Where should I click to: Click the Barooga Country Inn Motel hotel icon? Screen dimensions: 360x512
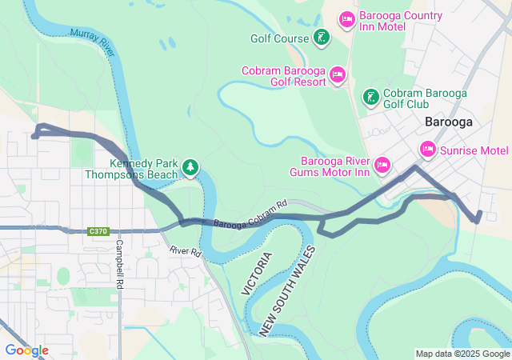[346, 18]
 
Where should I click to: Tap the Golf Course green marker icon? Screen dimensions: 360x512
[320, 37]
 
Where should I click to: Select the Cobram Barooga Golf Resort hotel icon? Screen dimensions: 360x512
[338, 75]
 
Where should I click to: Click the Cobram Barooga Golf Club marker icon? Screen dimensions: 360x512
[370, 97]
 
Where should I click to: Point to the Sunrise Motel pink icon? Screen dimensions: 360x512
[427, 150]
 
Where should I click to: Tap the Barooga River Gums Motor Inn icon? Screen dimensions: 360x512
[382, 165]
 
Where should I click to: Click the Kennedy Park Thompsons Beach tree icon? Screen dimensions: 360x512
[190, 167]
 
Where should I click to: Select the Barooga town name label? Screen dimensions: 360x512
[448, 122]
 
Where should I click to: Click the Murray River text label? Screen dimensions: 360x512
[94, 39]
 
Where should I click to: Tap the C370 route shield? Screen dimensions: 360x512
[98, 231]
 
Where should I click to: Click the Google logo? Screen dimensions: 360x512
[26, 350]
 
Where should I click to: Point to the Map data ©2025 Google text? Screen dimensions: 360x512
[462, 354]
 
